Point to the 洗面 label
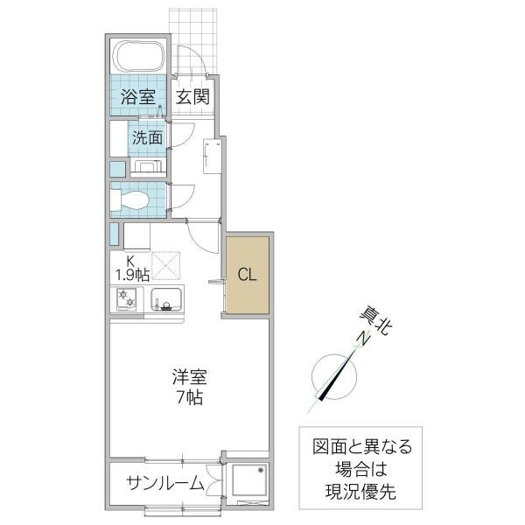pos(147,137)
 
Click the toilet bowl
pos(131,199)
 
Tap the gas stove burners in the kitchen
pos(128,299)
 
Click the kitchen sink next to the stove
pos(166,299)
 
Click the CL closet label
pos(248,275)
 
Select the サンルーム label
pos(164,483)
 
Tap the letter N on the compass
pos(358,340)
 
